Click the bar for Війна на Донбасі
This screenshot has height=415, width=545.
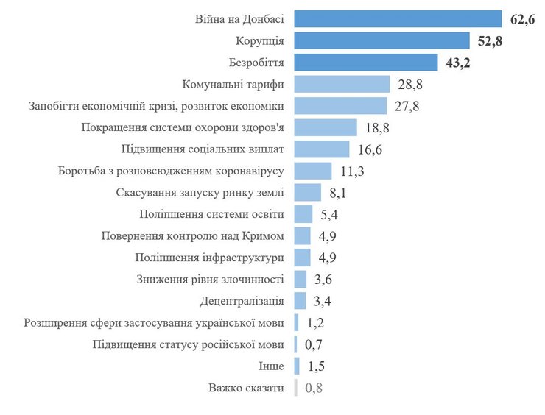coord(398,19)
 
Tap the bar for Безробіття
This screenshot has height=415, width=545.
coord(366,63)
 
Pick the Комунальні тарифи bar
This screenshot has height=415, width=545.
coord(342,84)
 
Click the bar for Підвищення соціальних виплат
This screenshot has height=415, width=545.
coord(322,149)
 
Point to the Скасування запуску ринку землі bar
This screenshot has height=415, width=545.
coord(308,193)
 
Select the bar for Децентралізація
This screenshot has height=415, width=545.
coord(300,300)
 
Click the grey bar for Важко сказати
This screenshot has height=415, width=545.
coord(296,387)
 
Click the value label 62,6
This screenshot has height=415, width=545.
coord(521,19)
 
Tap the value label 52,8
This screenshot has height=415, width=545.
coord(490,40)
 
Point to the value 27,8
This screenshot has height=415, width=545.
coord(407,106)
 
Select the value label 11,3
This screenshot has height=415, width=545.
coord(352,171)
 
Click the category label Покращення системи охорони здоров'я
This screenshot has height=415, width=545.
coord(182,127)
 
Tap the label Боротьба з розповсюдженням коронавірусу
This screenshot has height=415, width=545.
coord(171,171)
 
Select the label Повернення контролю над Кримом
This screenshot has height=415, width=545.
coord(192,235)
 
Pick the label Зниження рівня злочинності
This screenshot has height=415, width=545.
coord(210,279)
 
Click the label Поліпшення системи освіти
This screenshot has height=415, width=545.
coord(212,214)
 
